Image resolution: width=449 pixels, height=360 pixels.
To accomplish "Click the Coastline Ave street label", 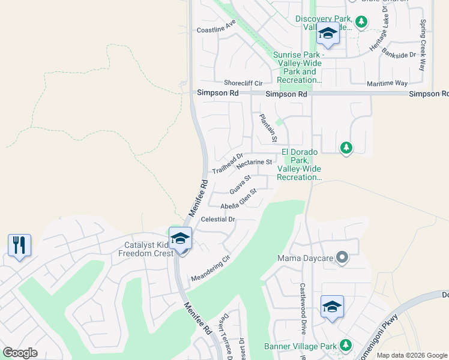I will click(x=216, y=26).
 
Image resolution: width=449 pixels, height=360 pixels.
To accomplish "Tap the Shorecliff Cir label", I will click(x=243, y=83).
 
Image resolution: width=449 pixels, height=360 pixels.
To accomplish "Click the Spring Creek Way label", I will click(x=423, y=45).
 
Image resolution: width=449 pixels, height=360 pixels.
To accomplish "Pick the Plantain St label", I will click(x=267, y=127).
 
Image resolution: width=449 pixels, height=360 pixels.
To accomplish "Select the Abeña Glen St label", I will click(x=238, y=199).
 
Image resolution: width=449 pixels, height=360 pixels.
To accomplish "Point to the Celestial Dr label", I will click(x=218, y=220).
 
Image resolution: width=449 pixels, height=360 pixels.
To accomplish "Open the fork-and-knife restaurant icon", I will click(x=20, y=245).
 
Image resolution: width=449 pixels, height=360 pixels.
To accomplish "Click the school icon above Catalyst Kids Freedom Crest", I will click(x=180, y=238).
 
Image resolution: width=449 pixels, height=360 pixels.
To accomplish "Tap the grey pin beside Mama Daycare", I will click(x=342, y=259).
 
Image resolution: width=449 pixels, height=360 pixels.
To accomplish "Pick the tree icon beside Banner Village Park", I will click(x=345, y=346).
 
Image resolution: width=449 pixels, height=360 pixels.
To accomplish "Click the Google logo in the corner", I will click(x=20, y=353).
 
